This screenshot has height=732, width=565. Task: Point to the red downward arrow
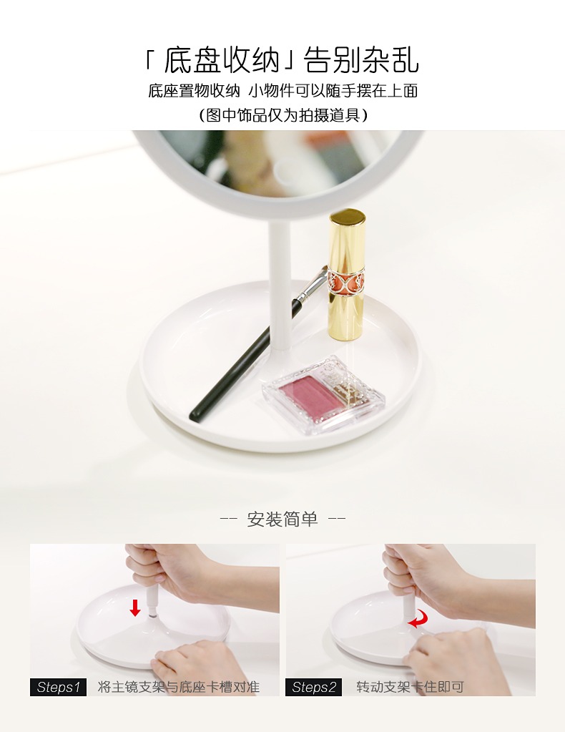[x=135, y=607]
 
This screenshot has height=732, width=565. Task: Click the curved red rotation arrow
[x=418, y=620]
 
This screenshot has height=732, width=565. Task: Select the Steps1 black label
[x=59, y=687]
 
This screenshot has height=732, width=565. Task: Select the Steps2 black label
[x=313, y=687]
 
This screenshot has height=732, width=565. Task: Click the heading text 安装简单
[x=282, y=519]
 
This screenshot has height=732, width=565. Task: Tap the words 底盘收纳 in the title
[x=222, y=60]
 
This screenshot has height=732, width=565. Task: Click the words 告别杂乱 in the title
[x=362, y=60]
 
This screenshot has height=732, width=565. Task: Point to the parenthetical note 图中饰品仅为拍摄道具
[x=283, y=114]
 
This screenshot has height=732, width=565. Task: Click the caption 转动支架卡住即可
[x=410, y=687]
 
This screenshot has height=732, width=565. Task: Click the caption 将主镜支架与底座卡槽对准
[x=179, y=687]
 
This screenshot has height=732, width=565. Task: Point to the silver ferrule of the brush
[x=310, y=285]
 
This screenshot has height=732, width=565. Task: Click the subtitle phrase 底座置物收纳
[x=194, y=91]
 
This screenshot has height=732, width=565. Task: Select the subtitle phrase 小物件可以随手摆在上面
[x=333, y=91]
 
